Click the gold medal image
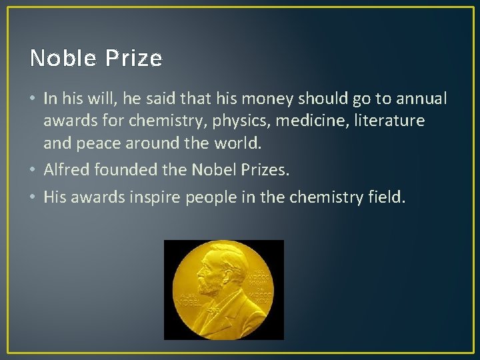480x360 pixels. [223, 289]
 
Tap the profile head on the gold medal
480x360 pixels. [212, 273]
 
